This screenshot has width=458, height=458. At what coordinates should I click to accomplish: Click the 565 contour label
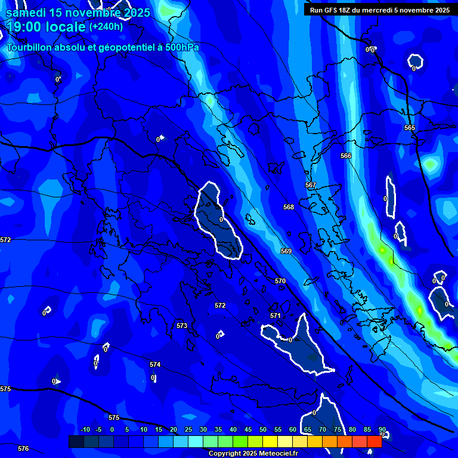tap(409, 128)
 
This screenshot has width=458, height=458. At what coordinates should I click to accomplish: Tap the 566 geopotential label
tap(346, 156)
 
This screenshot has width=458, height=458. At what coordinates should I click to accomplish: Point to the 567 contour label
tap(311, 185)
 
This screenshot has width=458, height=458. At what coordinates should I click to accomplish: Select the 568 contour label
tap(289, 207)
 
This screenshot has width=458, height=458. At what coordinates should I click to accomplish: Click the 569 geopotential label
tap(286, 251)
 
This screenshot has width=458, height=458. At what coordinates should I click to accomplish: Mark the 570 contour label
tap(280, 281)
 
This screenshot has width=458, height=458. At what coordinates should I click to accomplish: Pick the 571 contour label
tap(275, 315)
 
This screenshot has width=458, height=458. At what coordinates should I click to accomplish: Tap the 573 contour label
tap(182, 326)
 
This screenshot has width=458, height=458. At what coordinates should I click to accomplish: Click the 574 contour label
tap(155, 364)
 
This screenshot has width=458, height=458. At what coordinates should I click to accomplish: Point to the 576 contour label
tap(23, 448)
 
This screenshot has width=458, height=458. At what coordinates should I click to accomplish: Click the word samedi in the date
tap(26, 13)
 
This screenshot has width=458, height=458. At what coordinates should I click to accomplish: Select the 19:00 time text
tap(26, 27)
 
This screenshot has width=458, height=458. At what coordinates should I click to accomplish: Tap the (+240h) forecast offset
tap(106, 27)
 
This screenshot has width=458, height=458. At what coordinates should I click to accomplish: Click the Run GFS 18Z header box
tap(380, 10)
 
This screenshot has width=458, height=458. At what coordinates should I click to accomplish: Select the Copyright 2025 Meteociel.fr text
tap(253, 454)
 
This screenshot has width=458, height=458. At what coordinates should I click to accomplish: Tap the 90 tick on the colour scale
tap(382, 430)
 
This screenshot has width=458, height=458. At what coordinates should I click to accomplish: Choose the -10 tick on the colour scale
tap(85, 430)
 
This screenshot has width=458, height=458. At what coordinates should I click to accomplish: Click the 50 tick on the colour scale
tap(263, 430)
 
